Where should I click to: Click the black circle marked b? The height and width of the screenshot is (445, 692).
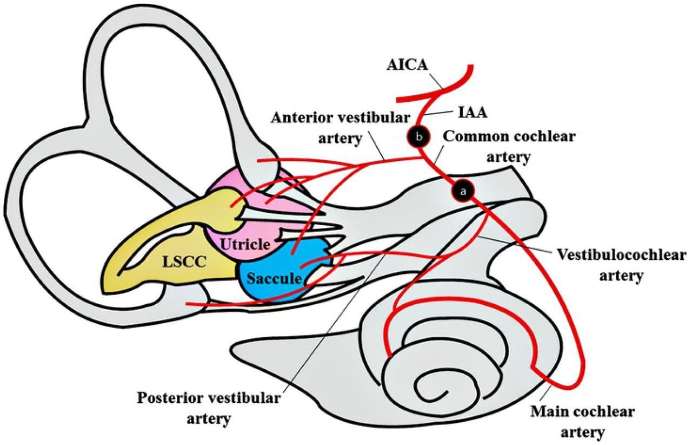tap(420, 136)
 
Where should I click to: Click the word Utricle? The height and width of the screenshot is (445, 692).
tap(244, 244)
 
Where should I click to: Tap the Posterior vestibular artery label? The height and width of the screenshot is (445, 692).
tap(209, 408)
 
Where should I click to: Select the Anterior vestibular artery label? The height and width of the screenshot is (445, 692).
tap(340, 127)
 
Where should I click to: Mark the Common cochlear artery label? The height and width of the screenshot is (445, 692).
tap(509, 146)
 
